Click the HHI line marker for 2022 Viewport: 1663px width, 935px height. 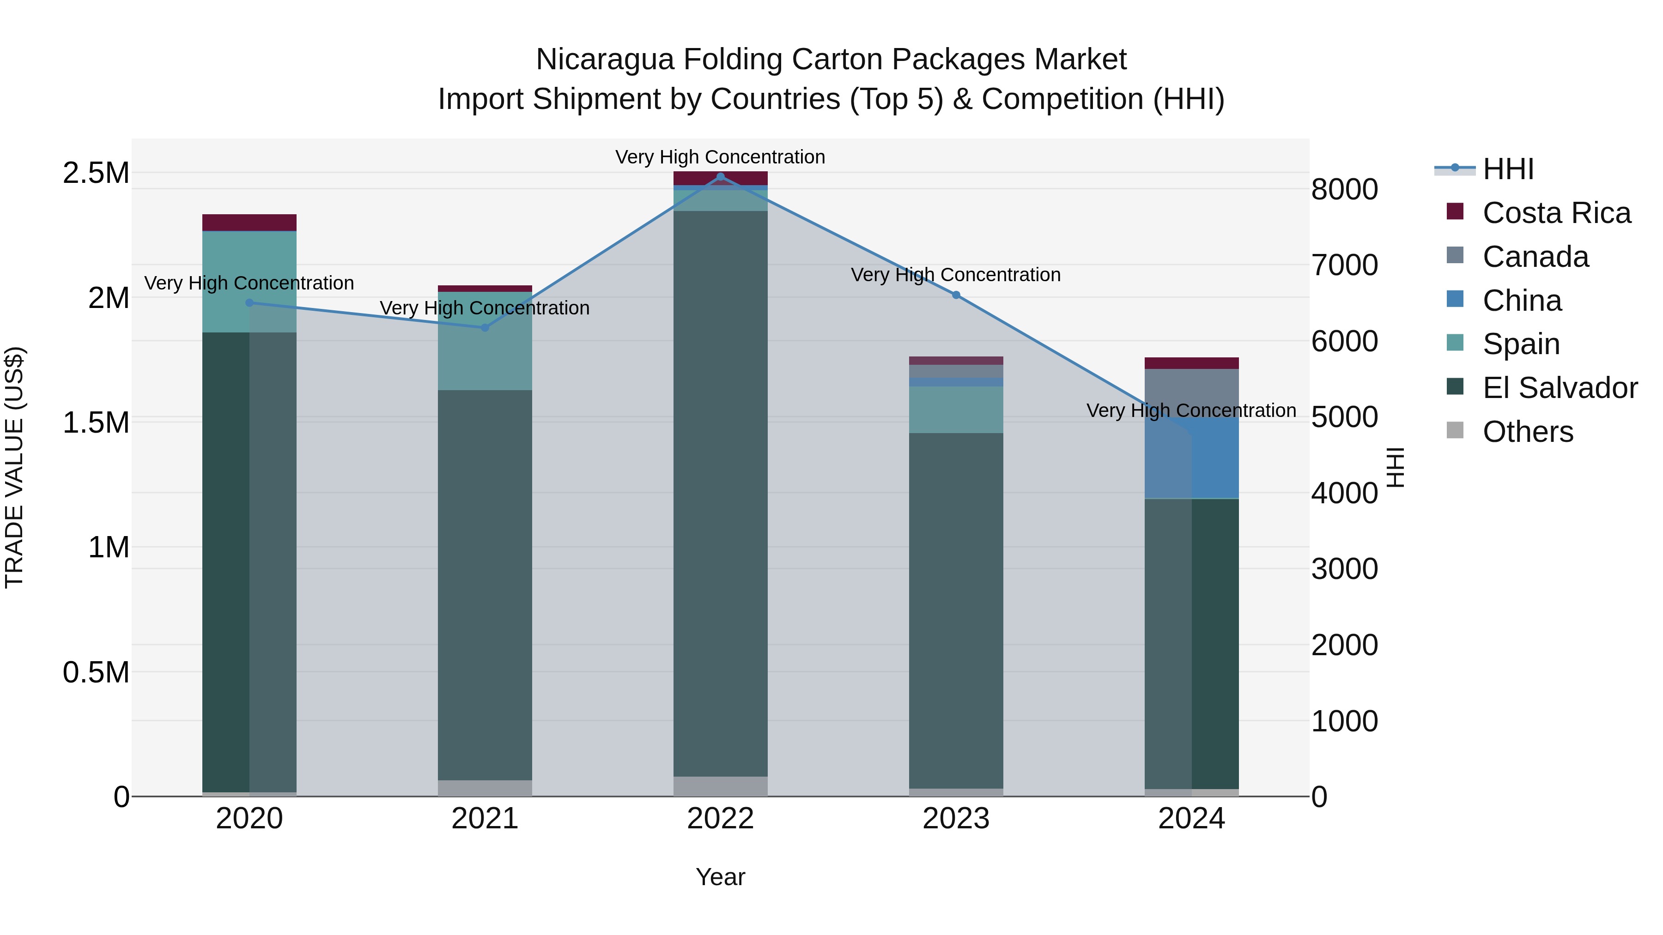[721, 177]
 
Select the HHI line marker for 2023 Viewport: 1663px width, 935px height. [956, 295]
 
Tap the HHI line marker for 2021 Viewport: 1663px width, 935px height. [485, 327]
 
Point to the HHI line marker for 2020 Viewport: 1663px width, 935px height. [249, 302]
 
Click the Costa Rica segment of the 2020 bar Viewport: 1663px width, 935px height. [249, 223]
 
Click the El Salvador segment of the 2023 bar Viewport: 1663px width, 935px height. [956, 610]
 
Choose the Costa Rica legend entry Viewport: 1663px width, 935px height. [1556, 213]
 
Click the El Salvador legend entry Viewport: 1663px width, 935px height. [1559, 388]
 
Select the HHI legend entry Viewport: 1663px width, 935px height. [1507, 169]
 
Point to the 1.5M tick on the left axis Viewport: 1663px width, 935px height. [96, 422]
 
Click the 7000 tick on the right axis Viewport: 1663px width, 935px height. [1345, 265]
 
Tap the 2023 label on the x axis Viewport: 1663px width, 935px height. [956, 819]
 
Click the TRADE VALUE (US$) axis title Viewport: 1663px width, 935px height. [14, 467]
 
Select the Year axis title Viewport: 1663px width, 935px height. [721, 877]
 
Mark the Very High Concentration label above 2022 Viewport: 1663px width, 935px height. [721, 157]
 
